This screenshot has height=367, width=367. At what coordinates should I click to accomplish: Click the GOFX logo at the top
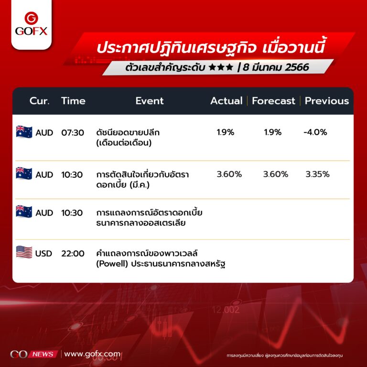point(31,23)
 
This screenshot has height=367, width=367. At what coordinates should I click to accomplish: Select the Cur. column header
point(39,101)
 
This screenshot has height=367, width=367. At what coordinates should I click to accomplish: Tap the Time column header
point(73,101)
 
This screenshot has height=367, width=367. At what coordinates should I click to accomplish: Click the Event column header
point(150,101)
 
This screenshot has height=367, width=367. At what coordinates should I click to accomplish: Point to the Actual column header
point(227,101)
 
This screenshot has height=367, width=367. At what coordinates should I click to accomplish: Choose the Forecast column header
point(273,101)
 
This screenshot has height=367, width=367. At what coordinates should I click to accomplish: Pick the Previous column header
point(327,101)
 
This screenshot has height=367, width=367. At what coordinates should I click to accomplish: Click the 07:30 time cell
point(73,133)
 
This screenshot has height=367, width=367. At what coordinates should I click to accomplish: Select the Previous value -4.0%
point(315,132)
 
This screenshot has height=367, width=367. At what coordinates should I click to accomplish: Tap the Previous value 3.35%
point(317,174)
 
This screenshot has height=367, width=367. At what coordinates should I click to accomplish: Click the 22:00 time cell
point(73,253)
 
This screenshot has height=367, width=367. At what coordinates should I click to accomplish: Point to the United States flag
point(24,252)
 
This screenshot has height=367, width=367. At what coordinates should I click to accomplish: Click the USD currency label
point(43,253)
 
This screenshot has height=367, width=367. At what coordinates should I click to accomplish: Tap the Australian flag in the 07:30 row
point(24,131)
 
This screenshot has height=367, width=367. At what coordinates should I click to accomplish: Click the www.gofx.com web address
point(92,354)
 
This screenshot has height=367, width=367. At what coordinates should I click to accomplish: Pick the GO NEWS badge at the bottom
point(34,354)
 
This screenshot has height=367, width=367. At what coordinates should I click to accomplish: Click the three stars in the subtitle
point(221,67)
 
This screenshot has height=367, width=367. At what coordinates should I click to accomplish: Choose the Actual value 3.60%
point(229,174)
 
